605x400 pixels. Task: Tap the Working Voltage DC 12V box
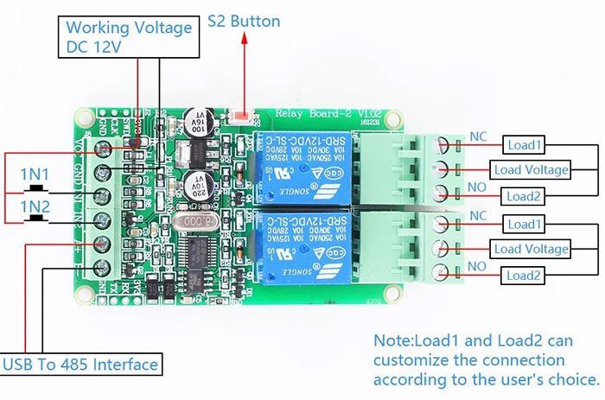click(129, 37)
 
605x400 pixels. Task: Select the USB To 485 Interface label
click(81, 365)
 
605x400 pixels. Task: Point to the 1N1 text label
click(35, 175)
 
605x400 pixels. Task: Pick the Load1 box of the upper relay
click(525, 144)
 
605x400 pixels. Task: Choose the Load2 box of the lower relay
click(525, 276)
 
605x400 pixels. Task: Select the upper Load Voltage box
click(531, 169)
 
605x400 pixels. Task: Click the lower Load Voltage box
click(531, 250)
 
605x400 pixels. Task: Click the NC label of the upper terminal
click(477, 137)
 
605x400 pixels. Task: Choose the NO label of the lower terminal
click(477, 269)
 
